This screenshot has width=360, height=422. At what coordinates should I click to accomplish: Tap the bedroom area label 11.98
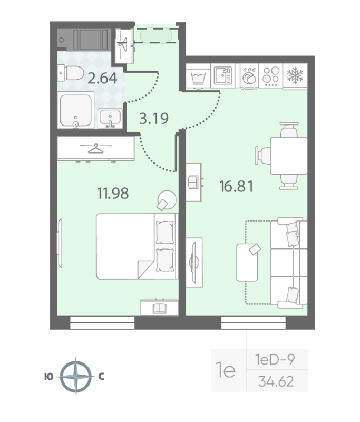tap(112, 193)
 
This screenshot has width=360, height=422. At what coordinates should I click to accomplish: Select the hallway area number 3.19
tap(153, 118)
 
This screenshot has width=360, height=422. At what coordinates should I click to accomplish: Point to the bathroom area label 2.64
tap(102, 79)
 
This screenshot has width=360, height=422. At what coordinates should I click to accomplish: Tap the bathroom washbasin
tap(111, 117)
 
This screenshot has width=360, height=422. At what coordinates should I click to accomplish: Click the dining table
tap(288, 155)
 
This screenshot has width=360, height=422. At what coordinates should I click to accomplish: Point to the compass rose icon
tap(77, 377)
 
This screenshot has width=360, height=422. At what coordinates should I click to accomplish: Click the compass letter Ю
tap(48, 377)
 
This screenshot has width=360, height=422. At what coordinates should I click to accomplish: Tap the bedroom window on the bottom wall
tap(102, 322)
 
